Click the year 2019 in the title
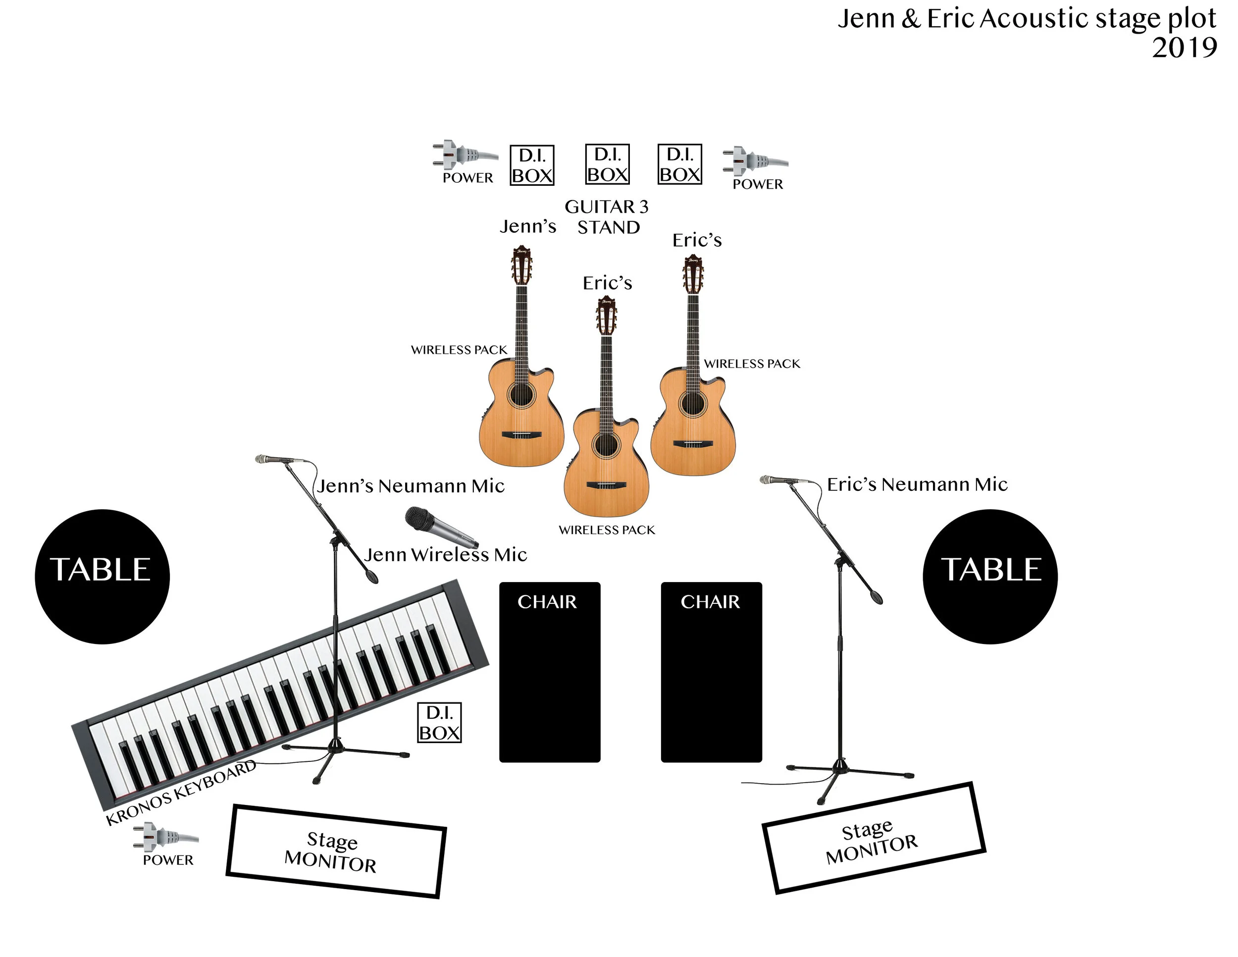[1184, 48]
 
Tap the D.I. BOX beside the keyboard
[439, 722]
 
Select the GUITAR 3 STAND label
[607, 217]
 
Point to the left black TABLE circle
[102, 577]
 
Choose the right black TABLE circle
[990, 577]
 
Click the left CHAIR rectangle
[549, 672]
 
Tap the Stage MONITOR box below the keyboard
[336, 851]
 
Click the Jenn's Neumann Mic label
[411, 486]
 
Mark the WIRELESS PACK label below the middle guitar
[607, 530]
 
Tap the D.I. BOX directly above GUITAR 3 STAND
[607, 164]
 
